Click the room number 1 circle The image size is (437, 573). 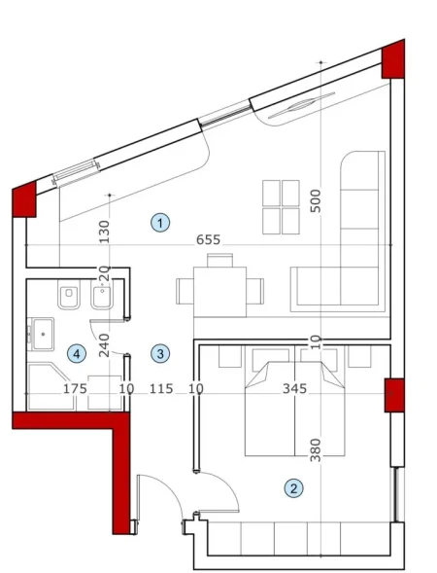[x=158, y=223]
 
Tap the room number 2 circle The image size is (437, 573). [x=291, y=487]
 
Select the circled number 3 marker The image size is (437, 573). [x=160, y=353]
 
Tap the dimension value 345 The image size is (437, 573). [x=293, y=389]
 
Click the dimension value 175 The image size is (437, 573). [x=75, y=389]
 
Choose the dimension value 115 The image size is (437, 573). [x=161, y=389]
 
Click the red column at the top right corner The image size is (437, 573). [x=393, y=60]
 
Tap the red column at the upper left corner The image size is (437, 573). [x=23, y=199]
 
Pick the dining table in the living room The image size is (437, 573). [x=220, y=289]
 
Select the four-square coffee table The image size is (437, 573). [x=282, y=205]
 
